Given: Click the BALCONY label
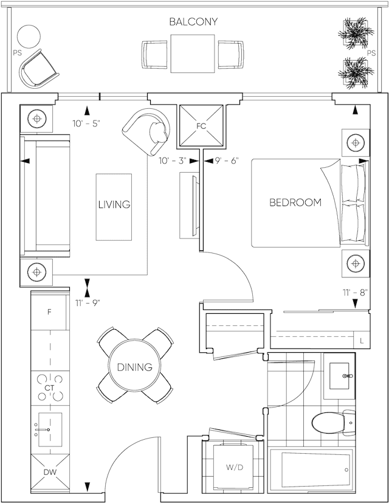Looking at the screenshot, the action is [x=193, y=22].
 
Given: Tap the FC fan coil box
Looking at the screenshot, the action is [x=201, y=125].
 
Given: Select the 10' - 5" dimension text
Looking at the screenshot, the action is [x=86, y=123].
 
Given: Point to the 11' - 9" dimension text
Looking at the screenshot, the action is [x=88, y=303].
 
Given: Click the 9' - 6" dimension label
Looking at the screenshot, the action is [x=227, y=161].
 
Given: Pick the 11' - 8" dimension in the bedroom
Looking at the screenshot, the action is [x=355, y=293].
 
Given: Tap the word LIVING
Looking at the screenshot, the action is [x=114, y=204].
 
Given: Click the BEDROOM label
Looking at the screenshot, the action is [x=295, y=203].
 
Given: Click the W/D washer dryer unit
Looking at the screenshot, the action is [x=235, y=467].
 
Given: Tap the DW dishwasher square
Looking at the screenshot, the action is [x=50, y=472].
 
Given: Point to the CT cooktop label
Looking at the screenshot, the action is [x=49, y=388].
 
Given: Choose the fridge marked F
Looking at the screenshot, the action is [x=49, y=312].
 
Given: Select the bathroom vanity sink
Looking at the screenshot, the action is [x=339, y=376].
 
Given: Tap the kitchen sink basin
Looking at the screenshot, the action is [x=50, y=429].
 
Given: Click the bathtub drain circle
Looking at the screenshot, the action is [x=346, y=470].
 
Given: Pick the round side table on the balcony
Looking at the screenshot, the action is [x=29, y=36].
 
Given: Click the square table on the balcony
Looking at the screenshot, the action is [x=193, y=54].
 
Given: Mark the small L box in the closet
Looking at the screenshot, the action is [x=362, y=341].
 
